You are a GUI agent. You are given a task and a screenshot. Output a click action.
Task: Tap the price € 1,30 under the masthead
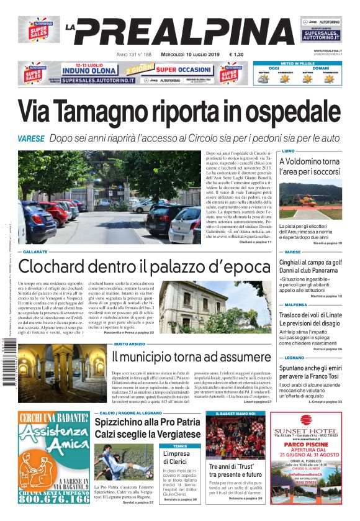(x=236, y=55)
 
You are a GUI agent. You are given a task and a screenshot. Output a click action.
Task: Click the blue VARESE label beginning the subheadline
(x=31, y=138)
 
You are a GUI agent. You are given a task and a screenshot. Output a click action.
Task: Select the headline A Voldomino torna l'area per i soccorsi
(x=310, y=166)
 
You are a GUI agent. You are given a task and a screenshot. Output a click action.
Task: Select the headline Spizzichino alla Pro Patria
(x=147, y=422)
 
